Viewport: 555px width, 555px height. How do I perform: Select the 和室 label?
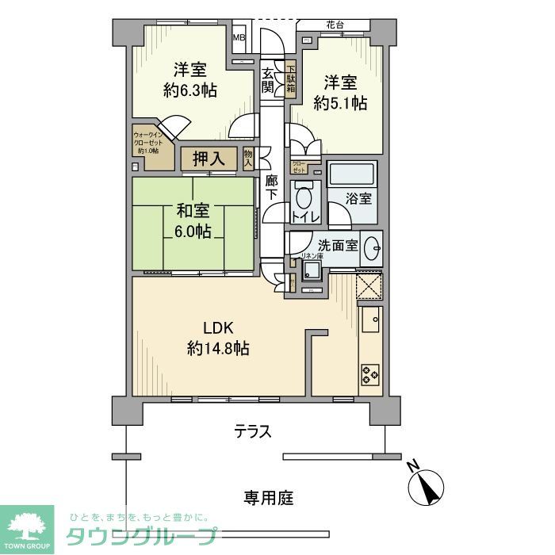193,212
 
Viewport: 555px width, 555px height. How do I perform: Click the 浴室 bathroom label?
358,198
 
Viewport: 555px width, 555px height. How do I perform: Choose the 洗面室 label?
336,246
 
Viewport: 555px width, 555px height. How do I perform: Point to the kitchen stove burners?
370,373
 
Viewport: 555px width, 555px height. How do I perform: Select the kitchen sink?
370,322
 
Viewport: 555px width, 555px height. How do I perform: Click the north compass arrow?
429,486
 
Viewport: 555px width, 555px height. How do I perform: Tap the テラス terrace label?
253,433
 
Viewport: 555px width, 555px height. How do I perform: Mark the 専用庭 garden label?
268,499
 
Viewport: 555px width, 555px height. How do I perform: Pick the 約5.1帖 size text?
339,102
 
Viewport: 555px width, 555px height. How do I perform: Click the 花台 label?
334,25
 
